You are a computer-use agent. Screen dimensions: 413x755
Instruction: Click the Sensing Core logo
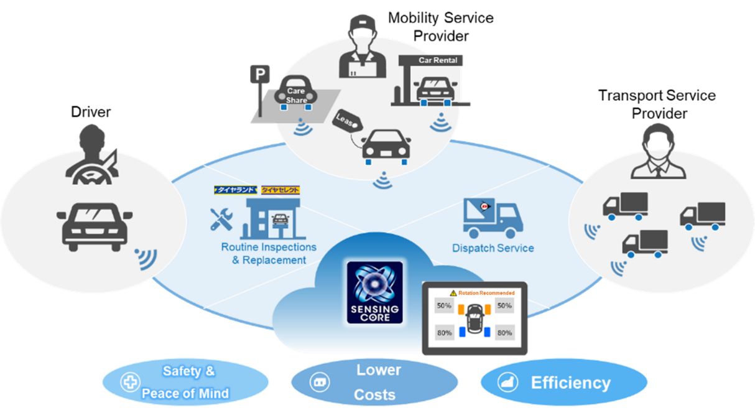click(x=374, y=292)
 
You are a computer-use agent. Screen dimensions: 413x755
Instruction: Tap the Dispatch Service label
click(x=493, y=248)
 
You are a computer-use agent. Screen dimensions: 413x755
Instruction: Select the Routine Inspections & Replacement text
click(x=269, y=253)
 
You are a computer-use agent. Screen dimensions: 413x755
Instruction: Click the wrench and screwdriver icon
click(x=221, y=218)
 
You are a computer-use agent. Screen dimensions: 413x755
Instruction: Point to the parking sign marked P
click(x=257, y=75)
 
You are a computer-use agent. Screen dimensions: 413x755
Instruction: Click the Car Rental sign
click(x=437, y=60)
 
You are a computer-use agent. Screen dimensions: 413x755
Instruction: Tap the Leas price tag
click(x=347, y=121)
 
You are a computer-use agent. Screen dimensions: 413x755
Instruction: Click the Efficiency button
click(x=563, y=383)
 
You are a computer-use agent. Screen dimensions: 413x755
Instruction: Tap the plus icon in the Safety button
click(x=130, y=382)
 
